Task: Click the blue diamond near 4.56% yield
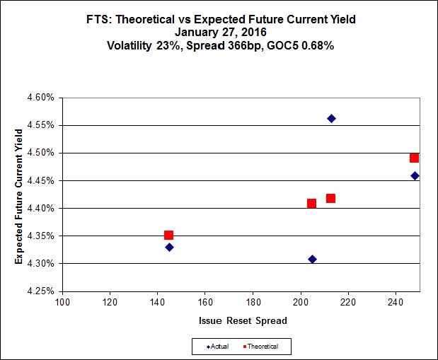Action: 331,118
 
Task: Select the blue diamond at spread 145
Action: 169,247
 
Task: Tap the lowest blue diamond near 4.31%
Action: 312,260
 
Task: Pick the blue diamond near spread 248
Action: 415,175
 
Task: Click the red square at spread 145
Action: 168,235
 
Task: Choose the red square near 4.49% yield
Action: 414,158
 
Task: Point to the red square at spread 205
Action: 311,203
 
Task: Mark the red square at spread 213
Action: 330,198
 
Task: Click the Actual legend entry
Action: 219,347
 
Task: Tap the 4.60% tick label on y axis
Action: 41,98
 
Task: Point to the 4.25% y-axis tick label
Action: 41,291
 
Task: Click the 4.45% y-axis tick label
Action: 41,180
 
